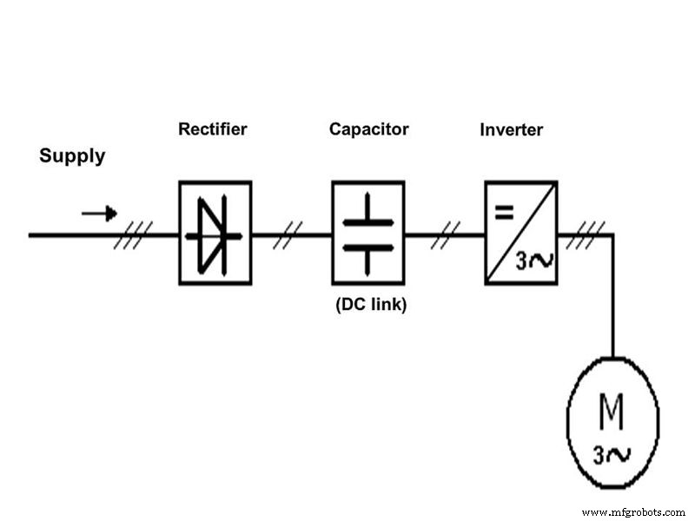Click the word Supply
coord(72,156)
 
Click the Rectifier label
coord(213,129)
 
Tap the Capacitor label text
coord(368,129)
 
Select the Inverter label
coord(511,130)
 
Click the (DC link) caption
coord(370,305)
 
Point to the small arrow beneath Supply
coord(99,213)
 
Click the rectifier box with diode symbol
coord(215,233)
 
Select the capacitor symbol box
coord(367,233)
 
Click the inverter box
coord(520,233)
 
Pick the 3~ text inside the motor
coord(612,452)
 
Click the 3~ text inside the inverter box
coord(533,260)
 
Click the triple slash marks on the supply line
coord(134,234)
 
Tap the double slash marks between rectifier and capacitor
coord(288,234)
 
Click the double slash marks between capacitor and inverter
coord(446,234)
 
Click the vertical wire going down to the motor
coord(613,295)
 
